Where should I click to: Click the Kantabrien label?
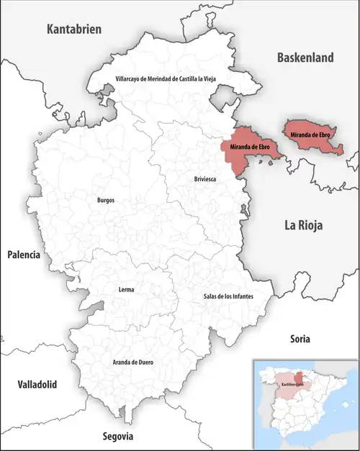[x=75, y=29]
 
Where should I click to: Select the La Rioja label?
[x=303, y=226]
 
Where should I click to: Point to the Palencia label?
[x=24, y=255]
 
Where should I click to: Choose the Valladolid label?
[x=37, y=385]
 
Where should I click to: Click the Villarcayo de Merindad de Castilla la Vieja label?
[x=165, y=78]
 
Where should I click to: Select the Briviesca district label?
[x=206, y=178]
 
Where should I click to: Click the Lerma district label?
[x=125, y=290]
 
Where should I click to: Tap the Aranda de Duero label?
[x=135, y=363]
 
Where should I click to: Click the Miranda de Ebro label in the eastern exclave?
[x=310, y=135]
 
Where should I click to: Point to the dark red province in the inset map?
[x=297, y=378]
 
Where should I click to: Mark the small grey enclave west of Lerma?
[x=94, y=309]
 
